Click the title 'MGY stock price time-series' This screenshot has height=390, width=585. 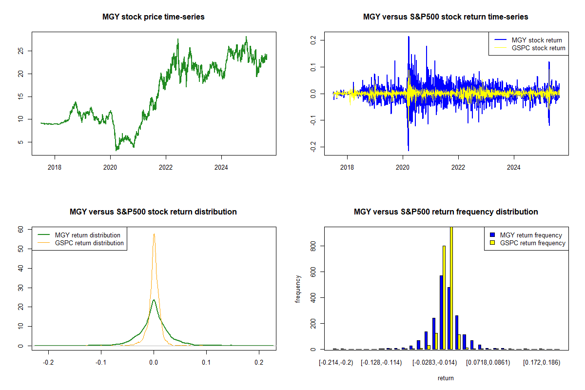coord(154,17)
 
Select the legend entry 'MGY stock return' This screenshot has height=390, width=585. coord(536,40)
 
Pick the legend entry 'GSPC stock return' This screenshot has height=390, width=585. coord(538,48)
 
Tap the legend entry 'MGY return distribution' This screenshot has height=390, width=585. coord(87,235)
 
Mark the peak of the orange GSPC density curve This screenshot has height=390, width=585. coord(154,234)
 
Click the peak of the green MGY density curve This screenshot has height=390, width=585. coord(154,300)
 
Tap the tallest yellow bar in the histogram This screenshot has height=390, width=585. coord(451,288)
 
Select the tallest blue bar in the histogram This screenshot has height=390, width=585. coord(441,312)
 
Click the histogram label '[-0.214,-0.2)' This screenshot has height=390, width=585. coord(335,363)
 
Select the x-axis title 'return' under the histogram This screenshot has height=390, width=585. coord(446,378)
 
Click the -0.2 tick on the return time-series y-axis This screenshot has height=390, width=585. coord(312,147)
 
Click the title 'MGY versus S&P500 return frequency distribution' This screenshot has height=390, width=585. coord(446,212)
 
